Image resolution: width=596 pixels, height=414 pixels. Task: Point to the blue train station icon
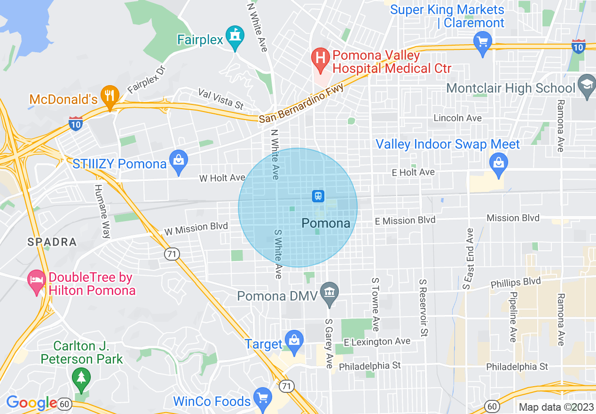(x=318, y=196)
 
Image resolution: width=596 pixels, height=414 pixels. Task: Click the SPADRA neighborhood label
(x=52, y=242)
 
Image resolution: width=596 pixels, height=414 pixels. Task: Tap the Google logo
(x=31, y=403)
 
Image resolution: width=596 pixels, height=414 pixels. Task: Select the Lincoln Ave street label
(x=457, y=118)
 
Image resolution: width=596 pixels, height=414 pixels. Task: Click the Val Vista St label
(x=220, y=98)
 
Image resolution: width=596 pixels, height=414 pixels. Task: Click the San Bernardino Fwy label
(x=301, y=104)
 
